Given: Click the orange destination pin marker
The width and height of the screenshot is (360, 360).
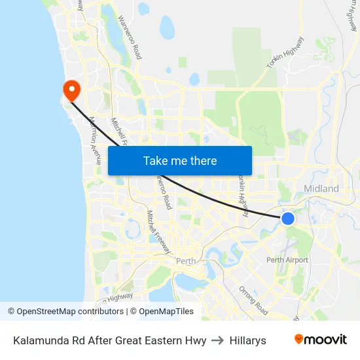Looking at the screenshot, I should point(69,89).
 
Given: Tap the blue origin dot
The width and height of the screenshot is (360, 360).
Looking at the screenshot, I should point(287,218).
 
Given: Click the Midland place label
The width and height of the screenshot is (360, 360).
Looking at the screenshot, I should point(321,189).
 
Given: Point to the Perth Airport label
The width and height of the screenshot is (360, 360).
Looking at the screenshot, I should point(287,260).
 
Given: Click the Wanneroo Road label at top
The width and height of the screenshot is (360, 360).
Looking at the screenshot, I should point(130,39).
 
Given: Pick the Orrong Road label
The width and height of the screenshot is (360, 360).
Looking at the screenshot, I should point(253,300).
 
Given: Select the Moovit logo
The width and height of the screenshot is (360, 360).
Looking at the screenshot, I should point(320,340).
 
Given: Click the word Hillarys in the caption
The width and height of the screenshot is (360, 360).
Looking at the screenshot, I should point(247,340).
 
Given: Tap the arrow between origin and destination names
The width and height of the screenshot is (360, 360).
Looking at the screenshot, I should point(218,340).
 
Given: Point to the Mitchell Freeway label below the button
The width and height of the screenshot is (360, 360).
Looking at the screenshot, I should point(159,232).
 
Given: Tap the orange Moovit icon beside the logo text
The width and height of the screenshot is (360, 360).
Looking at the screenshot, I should point(299,339).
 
